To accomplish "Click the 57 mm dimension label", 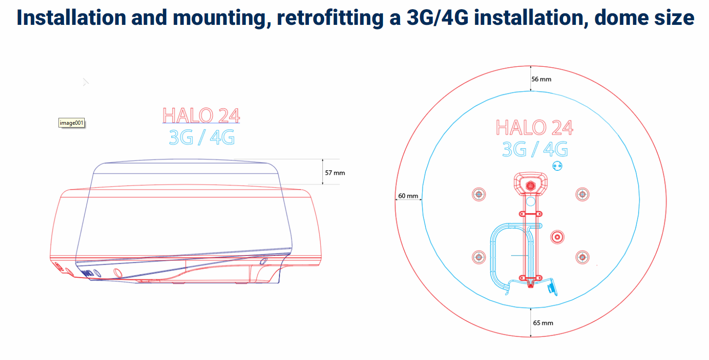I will coord(335,173).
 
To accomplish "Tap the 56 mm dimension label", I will coord(541,79).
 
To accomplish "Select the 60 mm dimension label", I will coord(408,196).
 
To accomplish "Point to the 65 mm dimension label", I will coord(543,323).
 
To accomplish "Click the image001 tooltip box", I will coord(72,123).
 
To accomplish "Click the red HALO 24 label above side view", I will coord(201,116).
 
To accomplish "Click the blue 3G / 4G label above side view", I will coord(201,137).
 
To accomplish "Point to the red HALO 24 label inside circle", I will coord(535,127).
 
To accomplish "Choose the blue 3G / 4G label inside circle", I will coord(535,149).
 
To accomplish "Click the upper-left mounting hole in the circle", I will coord(479,195).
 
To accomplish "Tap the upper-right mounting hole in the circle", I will coord(582,195).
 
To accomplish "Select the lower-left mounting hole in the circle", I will coord(479,257).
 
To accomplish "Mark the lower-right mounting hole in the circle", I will coord(582,257).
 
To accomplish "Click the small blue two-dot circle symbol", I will coord(557,166).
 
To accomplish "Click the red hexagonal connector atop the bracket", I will coord(530,186).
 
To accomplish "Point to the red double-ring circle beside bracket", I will coord(557,237).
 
